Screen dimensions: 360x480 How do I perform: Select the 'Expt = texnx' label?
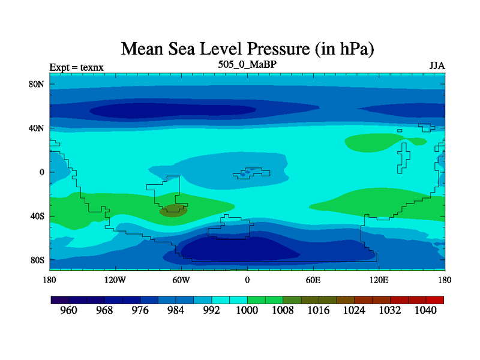(77, 67)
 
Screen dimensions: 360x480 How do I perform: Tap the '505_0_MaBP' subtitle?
(247, 64)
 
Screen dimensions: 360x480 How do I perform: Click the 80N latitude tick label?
(37, 84)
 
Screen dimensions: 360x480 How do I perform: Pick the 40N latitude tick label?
(37, 128)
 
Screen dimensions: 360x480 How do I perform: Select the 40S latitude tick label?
(37, 216)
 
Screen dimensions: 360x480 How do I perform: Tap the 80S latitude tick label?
(37, 260)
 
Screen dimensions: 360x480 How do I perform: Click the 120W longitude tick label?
(115, 280)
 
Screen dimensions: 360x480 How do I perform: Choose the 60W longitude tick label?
(181, 280)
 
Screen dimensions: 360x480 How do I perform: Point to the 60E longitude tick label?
(313, 280)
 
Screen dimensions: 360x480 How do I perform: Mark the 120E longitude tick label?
(379, 280)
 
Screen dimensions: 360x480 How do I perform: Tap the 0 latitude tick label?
(43, 172)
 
